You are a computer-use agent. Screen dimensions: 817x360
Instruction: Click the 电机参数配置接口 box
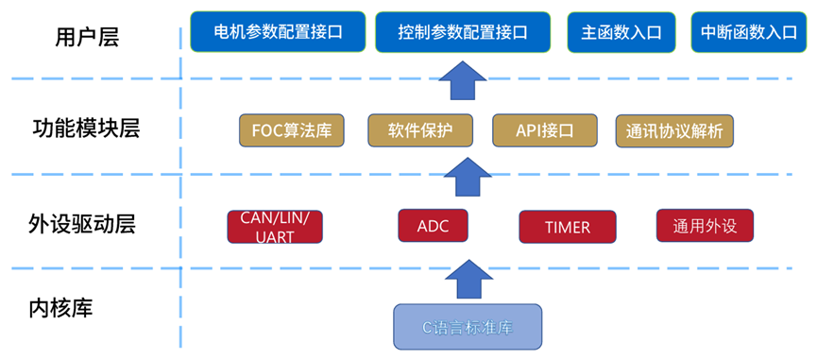coord(278,32)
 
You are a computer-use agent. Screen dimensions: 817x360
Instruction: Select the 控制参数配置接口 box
coord(463,32)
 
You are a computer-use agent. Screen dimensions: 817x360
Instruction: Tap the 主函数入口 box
coord(621,32)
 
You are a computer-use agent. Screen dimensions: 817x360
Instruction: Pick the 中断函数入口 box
coord(748,32)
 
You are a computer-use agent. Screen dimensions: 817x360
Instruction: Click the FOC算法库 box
coord(292,130)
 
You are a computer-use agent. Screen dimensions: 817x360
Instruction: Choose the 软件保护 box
coord(420,130)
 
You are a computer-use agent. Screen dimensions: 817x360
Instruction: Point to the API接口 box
coord(544,130)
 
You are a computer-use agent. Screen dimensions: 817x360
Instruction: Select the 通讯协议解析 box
coord(674,130)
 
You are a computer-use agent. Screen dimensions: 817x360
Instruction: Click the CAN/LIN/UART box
coord(275,227)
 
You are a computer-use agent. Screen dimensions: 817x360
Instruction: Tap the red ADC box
coord(433,226)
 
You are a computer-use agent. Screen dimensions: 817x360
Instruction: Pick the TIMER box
coord(568,227)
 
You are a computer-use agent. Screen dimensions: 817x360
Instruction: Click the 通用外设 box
coord(705,226)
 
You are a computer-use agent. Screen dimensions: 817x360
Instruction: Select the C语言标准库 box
coord(468,327)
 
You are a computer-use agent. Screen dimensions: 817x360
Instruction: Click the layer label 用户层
coord(87,38)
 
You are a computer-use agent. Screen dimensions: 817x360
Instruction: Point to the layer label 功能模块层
coord(86,129)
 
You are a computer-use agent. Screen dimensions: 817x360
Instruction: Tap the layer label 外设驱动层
coord(82,225)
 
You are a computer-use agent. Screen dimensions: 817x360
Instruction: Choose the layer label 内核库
coord(61,308)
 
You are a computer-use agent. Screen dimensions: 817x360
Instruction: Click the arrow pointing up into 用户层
coord(463,80)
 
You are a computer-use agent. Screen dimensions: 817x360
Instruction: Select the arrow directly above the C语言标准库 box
coord(468,279)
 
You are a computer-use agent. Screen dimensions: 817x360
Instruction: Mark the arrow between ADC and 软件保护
coord(468,177)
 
